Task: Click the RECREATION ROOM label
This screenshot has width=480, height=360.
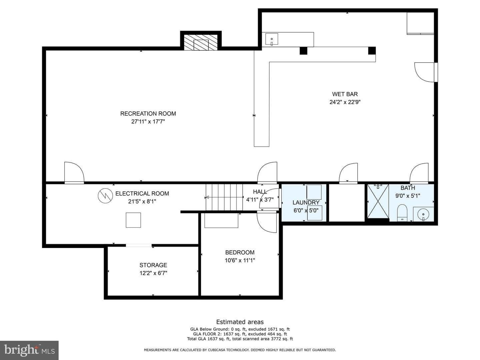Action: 148,114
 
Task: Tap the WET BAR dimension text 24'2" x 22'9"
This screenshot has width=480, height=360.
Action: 345,102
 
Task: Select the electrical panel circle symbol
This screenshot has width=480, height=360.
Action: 105,196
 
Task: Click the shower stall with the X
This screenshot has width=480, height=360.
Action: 378,201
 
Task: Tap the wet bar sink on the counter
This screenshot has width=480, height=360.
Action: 272,39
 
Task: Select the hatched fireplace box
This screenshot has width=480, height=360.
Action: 201,42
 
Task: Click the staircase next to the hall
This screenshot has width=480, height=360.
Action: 224,197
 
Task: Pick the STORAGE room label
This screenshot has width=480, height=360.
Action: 153,265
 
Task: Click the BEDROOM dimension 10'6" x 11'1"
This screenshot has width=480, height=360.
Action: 240,260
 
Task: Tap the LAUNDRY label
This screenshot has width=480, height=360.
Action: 306,202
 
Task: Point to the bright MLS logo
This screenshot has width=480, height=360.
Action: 29,350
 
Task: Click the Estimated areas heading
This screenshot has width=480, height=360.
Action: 240,322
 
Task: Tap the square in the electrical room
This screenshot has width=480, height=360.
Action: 133,220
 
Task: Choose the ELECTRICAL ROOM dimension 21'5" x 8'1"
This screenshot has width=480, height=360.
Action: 142,201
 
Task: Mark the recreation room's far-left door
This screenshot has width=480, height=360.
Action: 74,173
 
